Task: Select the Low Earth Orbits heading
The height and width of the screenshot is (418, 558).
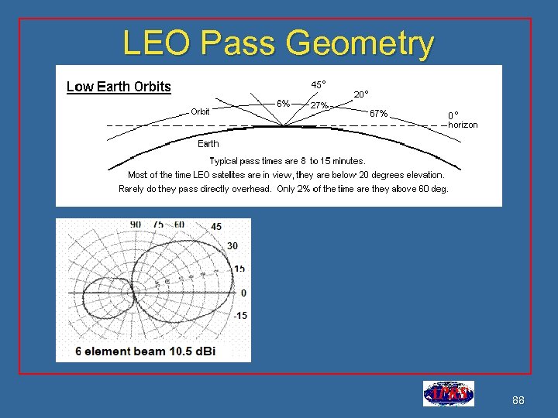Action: [119, 86]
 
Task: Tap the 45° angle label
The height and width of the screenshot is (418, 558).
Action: [319, 84]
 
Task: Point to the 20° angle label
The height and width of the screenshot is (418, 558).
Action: [361, 94]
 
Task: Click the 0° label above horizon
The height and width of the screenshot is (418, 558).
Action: [455, 115]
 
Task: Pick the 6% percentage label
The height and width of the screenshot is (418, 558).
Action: [284, 103]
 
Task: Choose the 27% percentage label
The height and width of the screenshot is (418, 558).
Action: [319, 104]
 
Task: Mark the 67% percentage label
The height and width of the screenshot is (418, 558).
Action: [379, 113]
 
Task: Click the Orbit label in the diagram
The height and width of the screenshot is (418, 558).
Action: [200, 111]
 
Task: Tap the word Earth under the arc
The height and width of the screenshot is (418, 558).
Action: [208, 143]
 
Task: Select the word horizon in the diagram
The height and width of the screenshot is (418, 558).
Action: [463, 125]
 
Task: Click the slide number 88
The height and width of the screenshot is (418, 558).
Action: [519, 400]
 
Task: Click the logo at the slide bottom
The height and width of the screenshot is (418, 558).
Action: [448, 394]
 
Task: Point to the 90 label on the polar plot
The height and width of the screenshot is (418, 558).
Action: [136, 224]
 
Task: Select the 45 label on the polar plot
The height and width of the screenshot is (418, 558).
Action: [215, 227]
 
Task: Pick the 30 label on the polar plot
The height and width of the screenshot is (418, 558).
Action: [232, 245]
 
